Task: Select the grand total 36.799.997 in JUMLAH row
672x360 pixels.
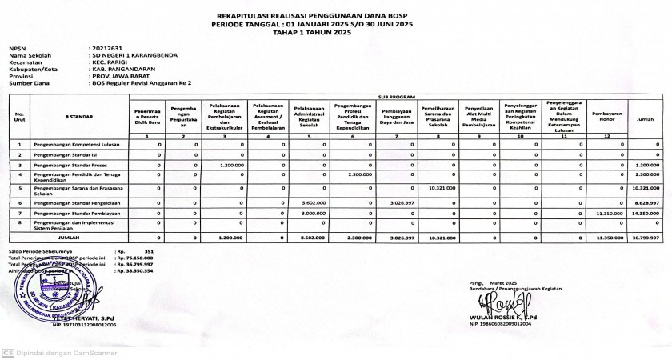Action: click(644, 238)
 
